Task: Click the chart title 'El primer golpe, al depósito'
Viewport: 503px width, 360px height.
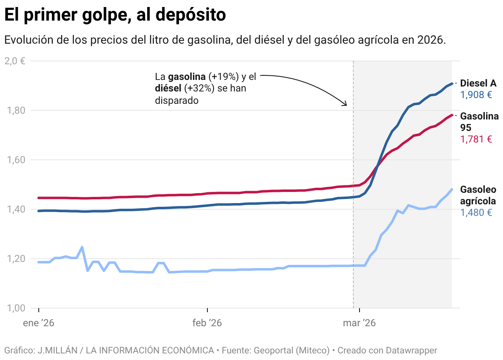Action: pyautogui.click(x=115, y=15)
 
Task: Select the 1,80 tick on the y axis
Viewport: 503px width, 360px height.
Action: pyautogui.click(x=15, y=110)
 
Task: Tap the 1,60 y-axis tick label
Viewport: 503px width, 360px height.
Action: pyautogui.click(x=15, y=160)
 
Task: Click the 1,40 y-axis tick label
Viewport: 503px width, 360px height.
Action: pyautogui.click(x=15, y=209)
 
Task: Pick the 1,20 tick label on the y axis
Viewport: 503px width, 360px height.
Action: pyautogui.click(x=15, y=259)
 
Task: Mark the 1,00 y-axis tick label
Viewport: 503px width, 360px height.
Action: pyautogui.click(x=15, y=308)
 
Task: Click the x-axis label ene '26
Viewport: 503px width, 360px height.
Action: pyautogui.click(x=39, y=323)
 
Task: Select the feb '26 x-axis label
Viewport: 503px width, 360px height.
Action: pyautogui.click(x=207, y=323)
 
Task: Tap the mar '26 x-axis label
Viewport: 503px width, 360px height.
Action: pyautogui.click(x=359, y=323)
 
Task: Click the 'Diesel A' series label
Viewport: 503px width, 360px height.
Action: pyautogui.click(x=478, y=83)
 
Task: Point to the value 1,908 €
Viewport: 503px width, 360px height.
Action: pyautogui.click(x=476, y=95)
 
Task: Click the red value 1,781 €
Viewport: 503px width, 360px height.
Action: pyautogui.click(x=476, y=139)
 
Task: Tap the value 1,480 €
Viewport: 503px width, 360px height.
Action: pyautogui.click(x=476, y=213)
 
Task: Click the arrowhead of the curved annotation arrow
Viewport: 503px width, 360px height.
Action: pyautogui.click(x=346, y=105)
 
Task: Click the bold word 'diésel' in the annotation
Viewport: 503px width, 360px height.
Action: pyautogui.click(x=168, y=88)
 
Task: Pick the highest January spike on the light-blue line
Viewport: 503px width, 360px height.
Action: pyautogui.click(x=82, y=247)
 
